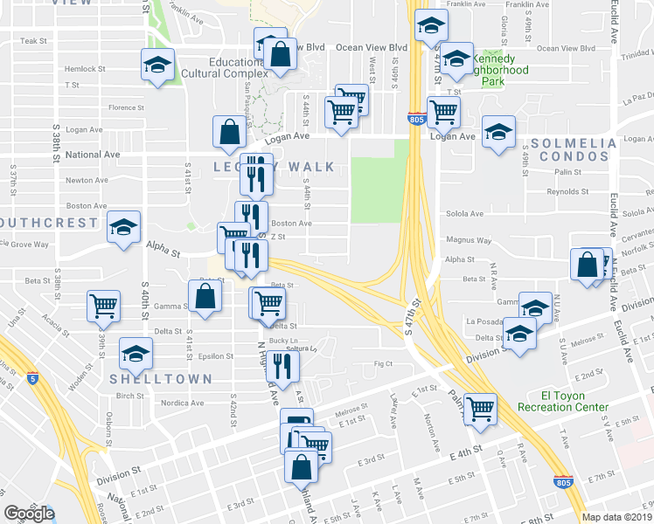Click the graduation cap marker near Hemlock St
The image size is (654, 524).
pyautogui.click(x=158, y=65)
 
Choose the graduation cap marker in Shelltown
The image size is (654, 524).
pyautogui.click(x=136, y=353)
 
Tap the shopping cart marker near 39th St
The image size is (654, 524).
pyautogui.click(x=103, y=306)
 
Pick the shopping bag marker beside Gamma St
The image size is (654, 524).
pyautogui.click(x=204, y=295)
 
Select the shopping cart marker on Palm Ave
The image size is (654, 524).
pyautogui.click(x=480, y=407)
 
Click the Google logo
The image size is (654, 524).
pyautogui.click(x=28, y=513)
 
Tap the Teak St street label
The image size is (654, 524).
pyautogui.click(x=33, y=41)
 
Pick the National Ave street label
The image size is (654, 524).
pyautogui.click(x=93, y=155)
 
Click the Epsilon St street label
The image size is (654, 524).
pyautogui.click(x=215, y=356)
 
